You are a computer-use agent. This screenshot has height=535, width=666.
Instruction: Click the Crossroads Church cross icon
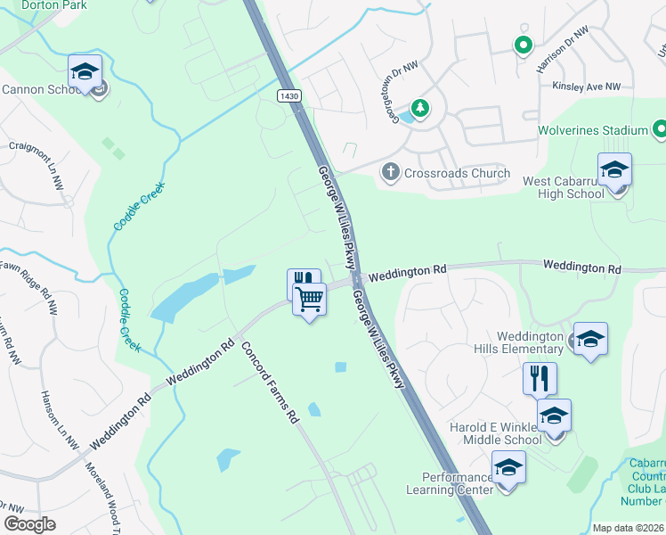pyautogui.click(x=390, y=172)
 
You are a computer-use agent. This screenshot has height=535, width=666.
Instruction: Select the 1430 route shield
pyautogui.click(x=288, y=95)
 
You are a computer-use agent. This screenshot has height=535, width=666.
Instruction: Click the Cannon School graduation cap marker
pyautogui.click(x=85, y=71)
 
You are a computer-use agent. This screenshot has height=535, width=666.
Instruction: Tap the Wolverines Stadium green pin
pyautogui.click(x=660, y=130)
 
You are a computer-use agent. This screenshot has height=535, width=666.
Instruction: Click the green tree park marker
pyautogui.click(x=419, y=109)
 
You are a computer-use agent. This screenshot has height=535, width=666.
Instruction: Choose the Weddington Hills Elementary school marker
pyautogui.click(x=589, y=339)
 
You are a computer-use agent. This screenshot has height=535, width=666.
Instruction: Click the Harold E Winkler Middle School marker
pyautogui.click(x=554, y=416)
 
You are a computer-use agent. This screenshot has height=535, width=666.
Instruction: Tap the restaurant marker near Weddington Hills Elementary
pyautogui.click(x=540, y=379)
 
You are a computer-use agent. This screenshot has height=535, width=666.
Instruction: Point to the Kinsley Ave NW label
pyautogui.click(x=586, y=87)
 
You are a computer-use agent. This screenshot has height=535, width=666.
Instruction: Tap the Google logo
pyautogui.click(x=29, y=524)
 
